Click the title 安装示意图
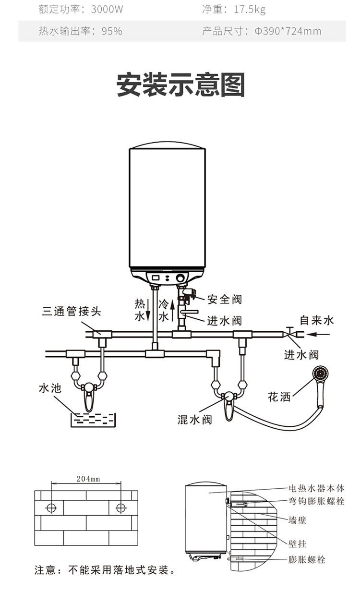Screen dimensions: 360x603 [x=180, y=85]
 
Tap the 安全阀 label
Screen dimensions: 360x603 [x=224, y=300]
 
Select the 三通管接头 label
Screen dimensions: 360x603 [x=72, y=311]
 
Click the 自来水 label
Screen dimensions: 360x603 [x=317, y=320]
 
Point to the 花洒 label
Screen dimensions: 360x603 [x=279, y=397]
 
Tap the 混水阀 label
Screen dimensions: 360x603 [x=194, y=420]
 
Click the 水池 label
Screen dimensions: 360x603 [x=50, y=388]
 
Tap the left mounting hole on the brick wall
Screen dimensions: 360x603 [x=51, y=508]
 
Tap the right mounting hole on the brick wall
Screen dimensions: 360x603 [x=121, y=508]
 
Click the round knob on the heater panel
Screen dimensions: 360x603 [x=180, y=278]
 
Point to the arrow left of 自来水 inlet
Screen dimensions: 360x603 [x=318, y=334]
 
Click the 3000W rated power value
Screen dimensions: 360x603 [x=107, y=10]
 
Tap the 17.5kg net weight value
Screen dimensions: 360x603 [x=250, y=10]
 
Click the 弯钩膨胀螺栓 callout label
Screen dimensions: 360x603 [x=316, y=501]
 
